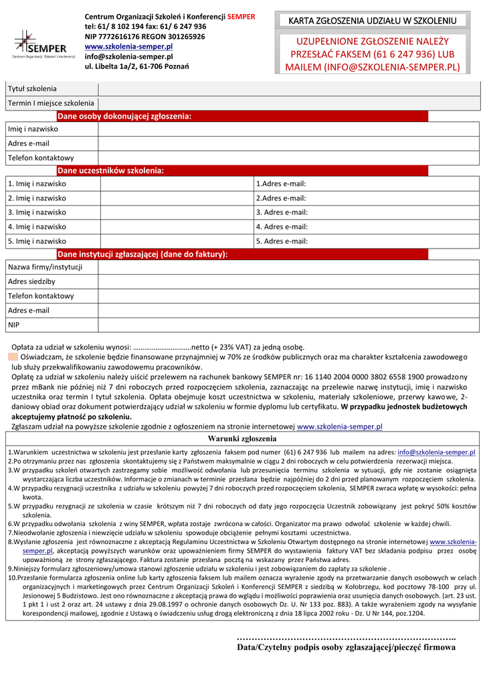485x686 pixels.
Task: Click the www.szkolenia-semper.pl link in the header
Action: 128,46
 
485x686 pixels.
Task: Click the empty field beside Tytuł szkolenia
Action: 288,89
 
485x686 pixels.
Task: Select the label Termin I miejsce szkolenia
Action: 51,103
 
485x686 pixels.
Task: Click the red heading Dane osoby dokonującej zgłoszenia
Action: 124,117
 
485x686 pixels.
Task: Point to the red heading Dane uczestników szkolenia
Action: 110,171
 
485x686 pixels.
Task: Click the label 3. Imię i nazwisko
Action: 37,212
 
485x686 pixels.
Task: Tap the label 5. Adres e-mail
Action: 282,241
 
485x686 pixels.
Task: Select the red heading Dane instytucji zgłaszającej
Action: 142,255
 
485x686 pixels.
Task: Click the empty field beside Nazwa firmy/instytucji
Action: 288,267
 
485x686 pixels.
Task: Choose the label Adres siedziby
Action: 31,281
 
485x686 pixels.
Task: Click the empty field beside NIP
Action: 288,325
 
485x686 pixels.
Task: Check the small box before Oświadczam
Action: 13,357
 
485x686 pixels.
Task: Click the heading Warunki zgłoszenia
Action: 242,439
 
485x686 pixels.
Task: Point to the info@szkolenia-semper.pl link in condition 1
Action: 436,452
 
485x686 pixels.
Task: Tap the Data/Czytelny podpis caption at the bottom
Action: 346,648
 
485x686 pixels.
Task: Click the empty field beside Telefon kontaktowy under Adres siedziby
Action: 288,296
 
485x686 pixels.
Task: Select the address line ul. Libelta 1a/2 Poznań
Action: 136,66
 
